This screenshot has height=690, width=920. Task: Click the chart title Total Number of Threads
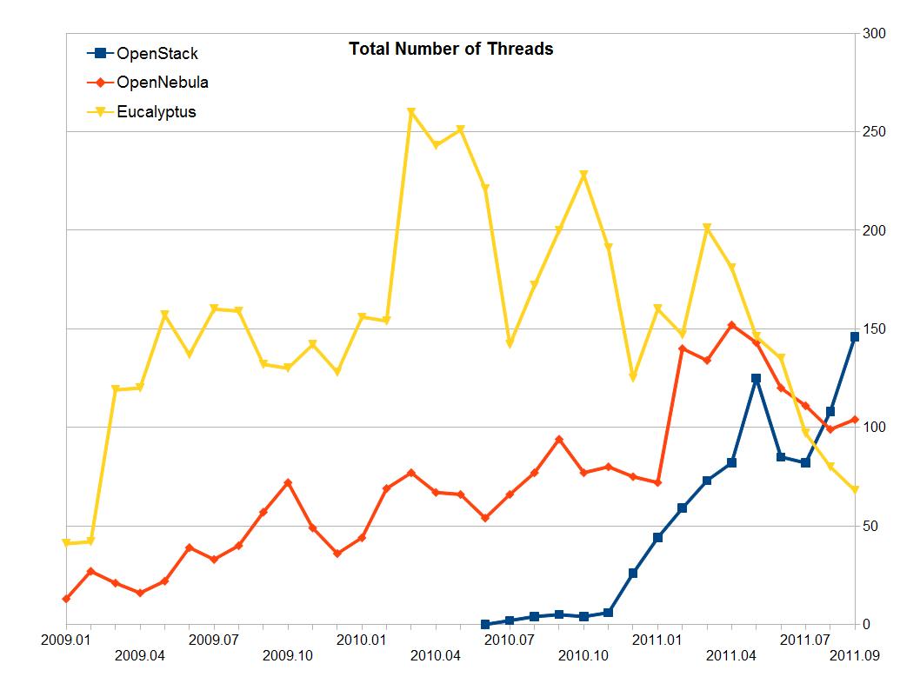tap(450, 50)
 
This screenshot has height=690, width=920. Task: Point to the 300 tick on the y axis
tap(873, 34)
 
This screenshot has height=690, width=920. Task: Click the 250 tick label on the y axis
tap(873, 132)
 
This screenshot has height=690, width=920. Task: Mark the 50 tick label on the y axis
tap(870, 526)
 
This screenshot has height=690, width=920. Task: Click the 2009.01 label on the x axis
tap(66, 640)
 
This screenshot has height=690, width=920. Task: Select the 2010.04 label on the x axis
tap(436, 655)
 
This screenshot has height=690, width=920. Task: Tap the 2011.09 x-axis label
tap(856, 655)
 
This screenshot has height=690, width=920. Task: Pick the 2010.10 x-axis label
tap(583, 655)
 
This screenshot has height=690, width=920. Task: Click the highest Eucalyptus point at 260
tap(411, 112)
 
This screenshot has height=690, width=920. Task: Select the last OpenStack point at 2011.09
tap(855, 336)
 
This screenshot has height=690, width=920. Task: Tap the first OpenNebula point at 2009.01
tap(66, 599)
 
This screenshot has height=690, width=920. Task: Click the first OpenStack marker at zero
tap(485, 624)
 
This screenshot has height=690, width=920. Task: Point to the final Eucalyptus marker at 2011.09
tap(855, 490)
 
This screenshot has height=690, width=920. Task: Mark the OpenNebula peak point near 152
tap(731, 325)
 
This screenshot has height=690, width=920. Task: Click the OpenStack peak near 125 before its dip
tap(757, 378)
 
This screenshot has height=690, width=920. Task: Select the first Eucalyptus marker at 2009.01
tap(66, 543)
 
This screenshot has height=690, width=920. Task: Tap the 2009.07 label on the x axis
tap(214, 640)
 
